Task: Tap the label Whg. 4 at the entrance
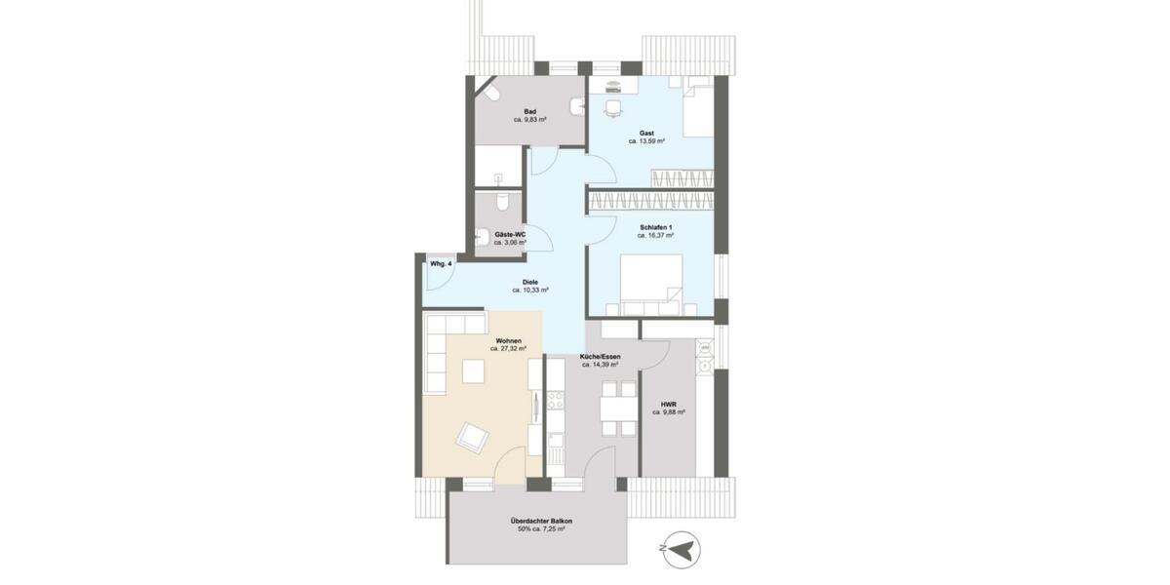[x=440, y=264]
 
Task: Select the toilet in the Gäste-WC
[x=501, y=201]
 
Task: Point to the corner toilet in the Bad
[x=490, y=95]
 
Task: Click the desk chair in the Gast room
[x=612, y=108]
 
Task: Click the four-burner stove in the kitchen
[x=556, y=401]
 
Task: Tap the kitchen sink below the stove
[x=556, y=448]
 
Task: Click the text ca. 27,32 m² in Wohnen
[x=508, y=348]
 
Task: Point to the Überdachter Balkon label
[x=541, y=522]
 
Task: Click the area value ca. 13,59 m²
[x=646, y=141]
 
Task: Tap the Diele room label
[x=530, y=282]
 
